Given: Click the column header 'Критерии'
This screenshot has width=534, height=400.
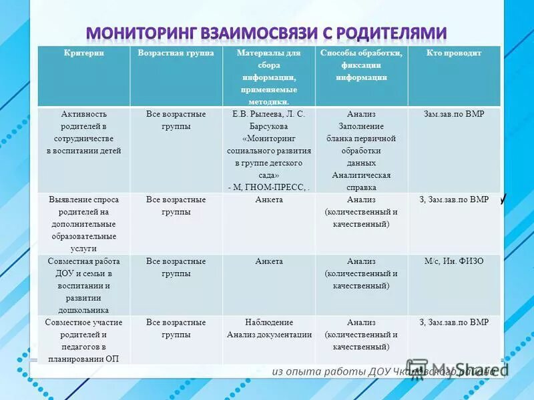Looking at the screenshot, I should tap(83, 53).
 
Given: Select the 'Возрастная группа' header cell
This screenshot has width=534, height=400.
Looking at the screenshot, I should tap(176, 53).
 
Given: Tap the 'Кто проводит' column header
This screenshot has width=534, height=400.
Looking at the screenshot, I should tap(454, 53).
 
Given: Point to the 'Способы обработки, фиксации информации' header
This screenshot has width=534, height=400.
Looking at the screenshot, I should tap(361, 65).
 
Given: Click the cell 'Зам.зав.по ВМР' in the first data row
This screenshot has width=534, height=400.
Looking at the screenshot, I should tap(454, 114).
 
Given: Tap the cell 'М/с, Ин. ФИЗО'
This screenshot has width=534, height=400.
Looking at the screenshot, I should tap(454, 261).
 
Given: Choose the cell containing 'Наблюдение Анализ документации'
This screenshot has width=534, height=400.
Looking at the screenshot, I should tap(269, 329).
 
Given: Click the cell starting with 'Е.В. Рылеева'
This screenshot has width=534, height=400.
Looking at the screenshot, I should tap(269, 150).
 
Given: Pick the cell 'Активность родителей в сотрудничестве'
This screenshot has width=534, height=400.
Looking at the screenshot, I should tap(83, 132).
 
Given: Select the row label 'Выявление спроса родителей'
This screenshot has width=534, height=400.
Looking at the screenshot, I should tap(83, 223).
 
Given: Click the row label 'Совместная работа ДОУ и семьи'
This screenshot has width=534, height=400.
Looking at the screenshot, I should tap(83, 285).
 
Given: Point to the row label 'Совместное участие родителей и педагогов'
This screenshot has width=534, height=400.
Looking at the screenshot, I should tap(83, 341).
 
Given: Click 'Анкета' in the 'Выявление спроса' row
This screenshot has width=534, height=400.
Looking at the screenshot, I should tap(269, 199).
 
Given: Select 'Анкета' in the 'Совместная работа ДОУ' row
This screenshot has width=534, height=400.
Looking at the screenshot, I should tap(269, 261).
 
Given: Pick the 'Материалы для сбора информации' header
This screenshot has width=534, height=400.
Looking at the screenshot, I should tap(269, 77).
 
